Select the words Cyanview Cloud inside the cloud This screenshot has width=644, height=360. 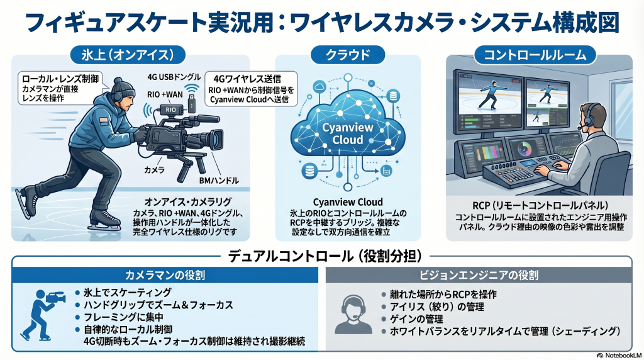pos(347,133)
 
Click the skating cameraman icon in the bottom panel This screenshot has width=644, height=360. pos(40,313)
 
